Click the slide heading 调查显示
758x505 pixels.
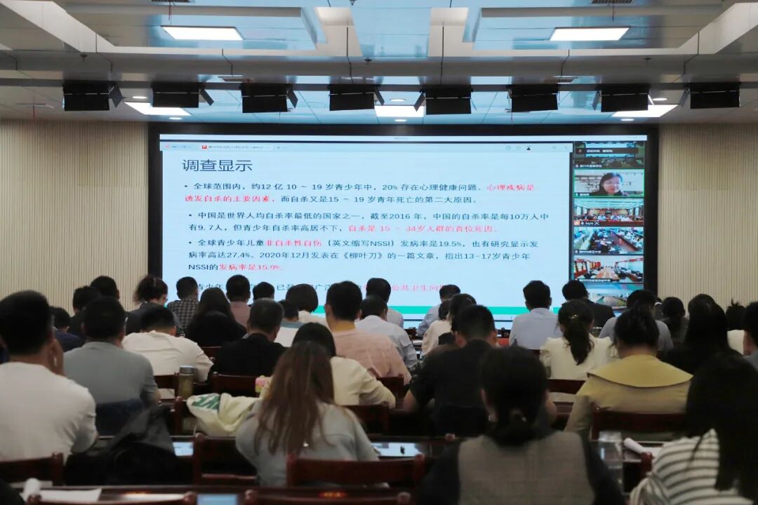point(217,166)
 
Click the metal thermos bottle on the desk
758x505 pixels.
point(185,382)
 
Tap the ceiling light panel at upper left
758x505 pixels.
point(202,33)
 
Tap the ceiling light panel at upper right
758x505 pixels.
point(589,34)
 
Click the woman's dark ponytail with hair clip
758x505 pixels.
point(578,337)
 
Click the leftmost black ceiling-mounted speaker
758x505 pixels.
point(87,96)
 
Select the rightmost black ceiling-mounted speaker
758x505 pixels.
point(714,95)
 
